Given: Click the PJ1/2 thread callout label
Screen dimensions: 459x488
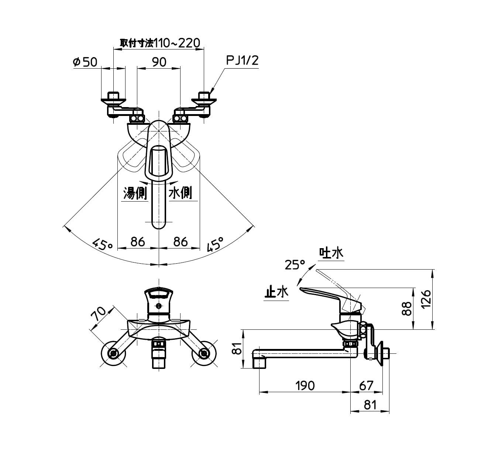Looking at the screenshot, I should (x=242, y=61).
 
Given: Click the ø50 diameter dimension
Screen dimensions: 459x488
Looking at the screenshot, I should (x=85, y=62).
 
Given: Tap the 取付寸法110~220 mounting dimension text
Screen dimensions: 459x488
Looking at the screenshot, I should (x=160, y=43).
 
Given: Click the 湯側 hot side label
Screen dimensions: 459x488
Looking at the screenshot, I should (x=135, y=193).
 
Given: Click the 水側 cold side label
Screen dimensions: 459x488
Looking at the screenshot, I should (x=180, y=193).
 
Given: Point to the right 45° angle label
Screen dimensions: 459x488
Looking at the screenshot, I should (x=216, y=244).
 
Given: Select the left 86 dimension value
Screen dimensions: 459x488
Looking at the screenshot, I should (x=138, y=242).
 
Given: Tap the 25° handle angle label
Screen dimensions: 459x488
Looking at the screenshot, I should (x=295, y=264).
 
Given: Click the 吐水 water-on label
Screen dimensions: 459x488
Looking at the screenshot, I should (x=331, y=253).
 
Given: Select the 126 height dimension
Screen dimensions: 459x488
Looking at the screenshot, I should (x=426, y=299).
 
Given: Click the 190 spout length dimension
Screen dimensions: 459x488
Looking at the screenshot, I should (x=305, y=386).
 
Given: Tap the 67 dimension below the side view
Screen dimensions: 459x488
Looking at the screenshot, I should (x=366, y=386).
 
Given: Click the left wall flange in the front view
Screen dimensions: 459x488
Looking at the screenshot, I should (x=113, y=354).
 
